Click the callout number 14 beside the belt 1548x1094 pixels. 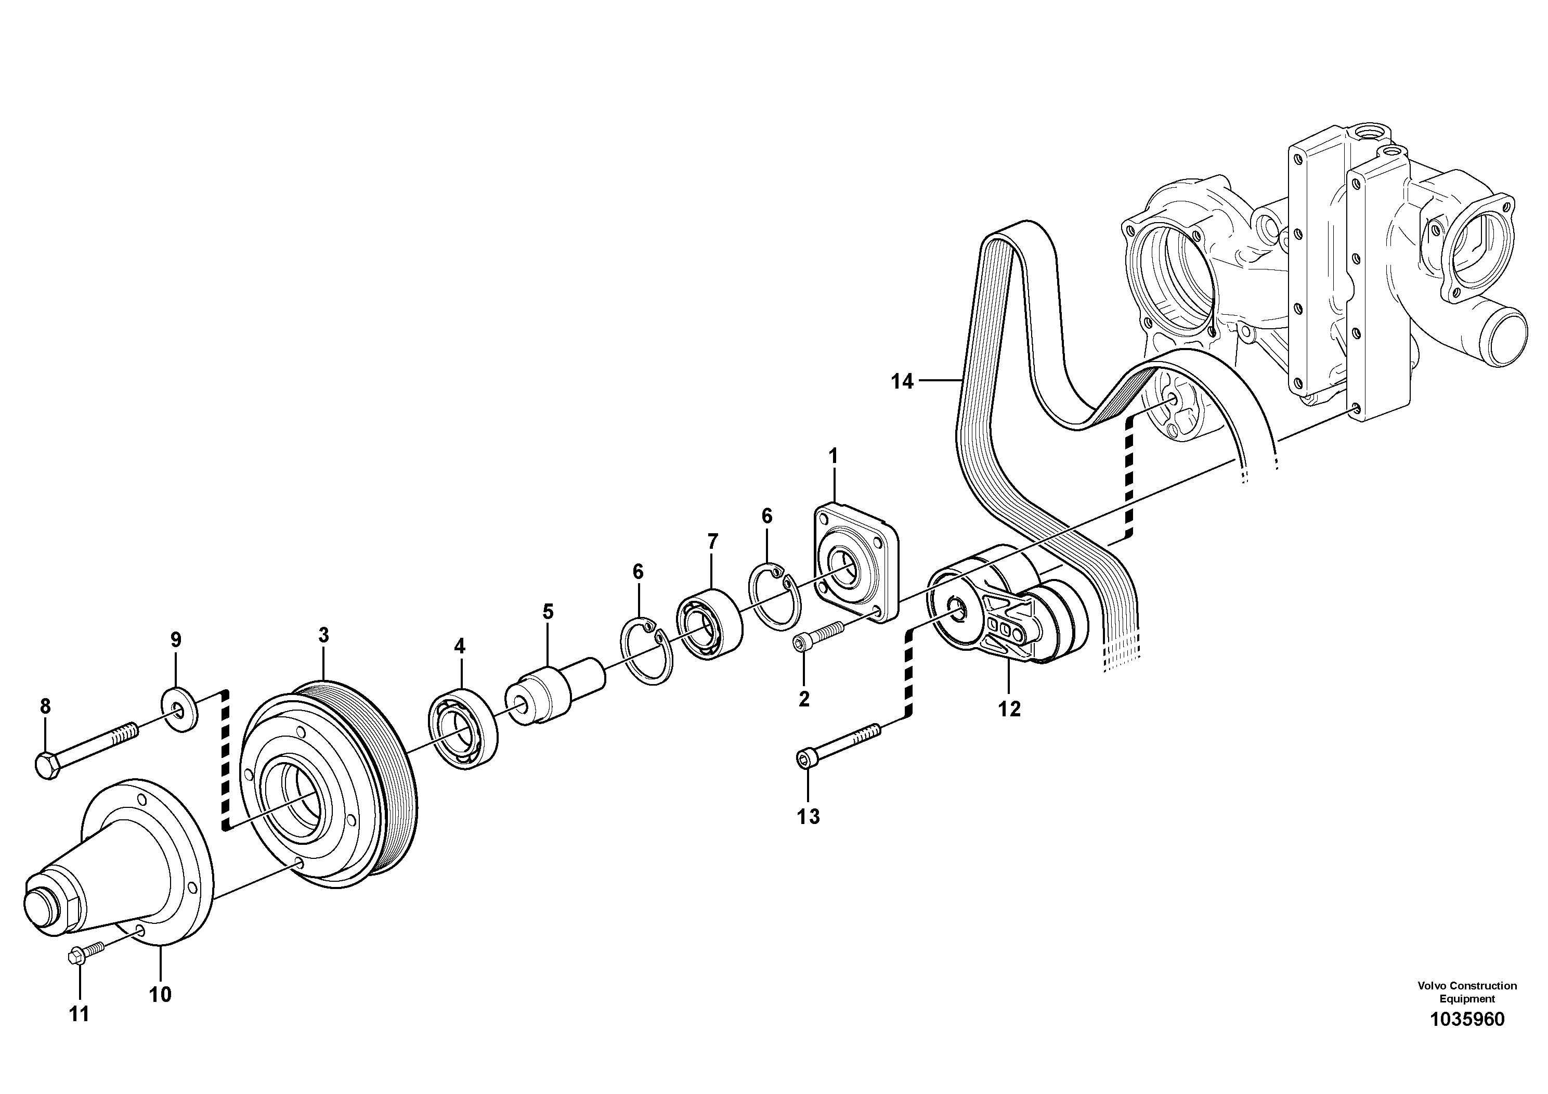902,382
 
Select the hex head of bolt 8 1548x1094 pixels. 46,766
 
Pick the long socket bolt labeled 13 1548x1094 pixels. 838,744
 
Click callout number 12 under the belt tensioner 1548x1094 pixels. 1009,709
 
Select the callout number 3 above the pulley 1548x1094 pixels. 323,635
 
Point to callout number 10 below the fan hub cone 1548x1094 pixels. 161,994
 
